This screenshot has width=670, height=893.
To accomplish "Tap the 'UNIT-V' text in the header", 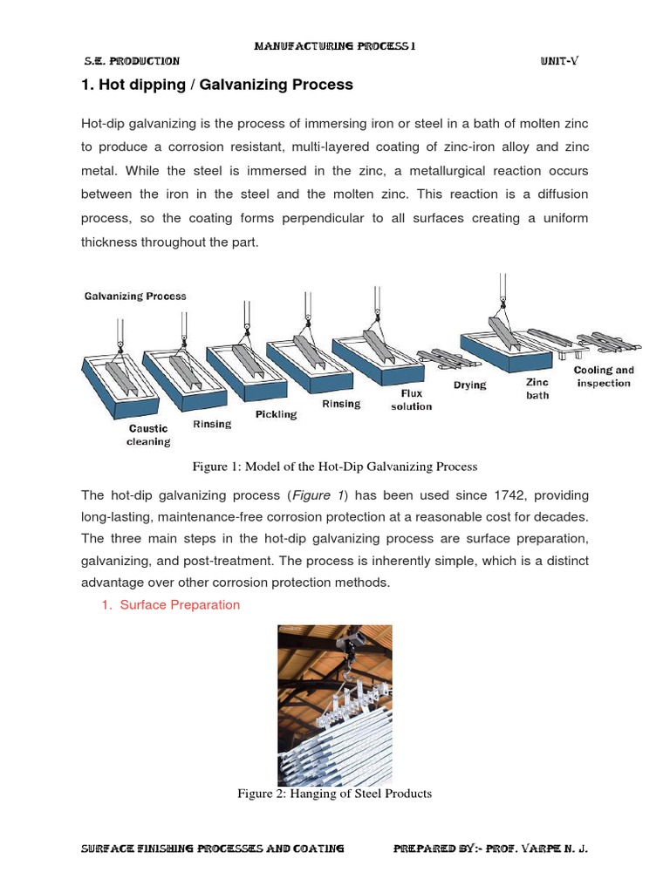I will [558, 61].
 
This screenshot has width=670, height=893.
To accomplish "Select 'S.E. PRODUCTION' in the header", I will [132, 61].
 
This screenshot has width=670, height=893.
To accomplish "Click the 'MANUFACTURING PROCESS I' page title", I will [334, 46].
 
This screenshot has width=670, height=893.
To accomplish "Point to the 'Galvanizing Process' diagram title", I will [135, 297].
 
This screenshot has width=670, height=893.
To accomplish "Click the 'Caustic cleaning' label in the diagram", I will [148, 435].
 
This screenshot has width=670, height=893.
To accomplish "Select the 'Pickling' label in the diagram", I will [276, 414].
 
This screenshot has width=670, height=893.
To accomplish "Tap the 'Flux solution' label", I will [411, 400].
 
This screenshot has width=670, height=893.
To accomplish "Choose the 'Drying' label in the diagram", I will [470, 385].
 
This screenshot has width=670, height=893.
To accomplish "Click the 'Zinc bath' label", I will [537, 389].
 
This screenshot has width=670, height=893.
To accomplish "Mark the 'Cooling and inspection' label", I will [604, 377].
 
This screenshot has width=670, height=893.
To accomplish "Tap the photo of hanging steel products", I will [334, 705].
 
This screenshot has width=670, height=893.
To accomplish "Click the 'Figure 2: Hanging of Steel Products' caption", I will [334, 794].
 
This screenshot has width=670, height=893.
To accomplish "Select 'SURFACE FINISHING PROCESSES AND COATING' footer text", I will [212, 848].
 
